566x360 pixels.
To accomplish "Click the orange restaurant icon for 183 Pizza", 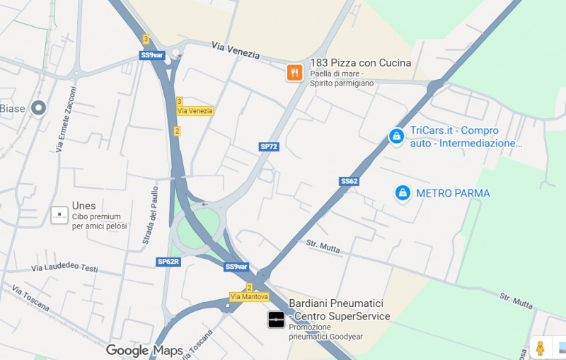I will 294,72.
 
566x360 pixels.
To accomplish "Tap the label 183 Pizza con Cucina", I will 360,63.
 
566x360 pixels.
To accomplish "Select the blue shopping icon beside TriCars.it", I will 397,136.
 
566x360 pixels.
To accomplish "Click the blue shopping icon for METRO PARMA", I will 403,192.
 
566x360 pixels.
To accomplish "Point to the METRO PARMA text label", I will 453,193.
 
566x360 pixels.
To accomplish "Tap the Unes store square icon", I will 59,215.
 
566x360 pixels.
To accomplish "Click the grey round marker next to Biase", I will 38,108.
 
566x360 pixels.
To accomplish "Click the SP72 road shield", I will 269,146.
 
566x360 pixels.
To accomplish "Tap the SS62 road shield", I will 349,181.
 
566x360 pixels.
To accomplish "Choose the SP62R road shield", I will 168,262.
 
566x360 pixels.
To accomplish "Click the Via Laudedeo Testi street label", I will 64,269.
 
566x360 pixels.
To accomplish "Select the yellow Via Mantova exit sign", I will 249,296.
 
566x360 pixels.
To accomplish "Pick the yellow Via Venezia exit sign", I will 195,111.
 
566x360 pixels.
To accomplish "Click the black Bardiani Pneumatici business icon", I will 276,320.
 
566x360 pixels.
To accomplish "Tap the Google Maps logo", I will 144,351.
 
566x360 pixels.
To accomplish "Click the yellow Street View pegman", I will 540,347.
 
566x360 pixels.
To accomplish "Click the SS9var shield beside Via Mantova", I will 236,267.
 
